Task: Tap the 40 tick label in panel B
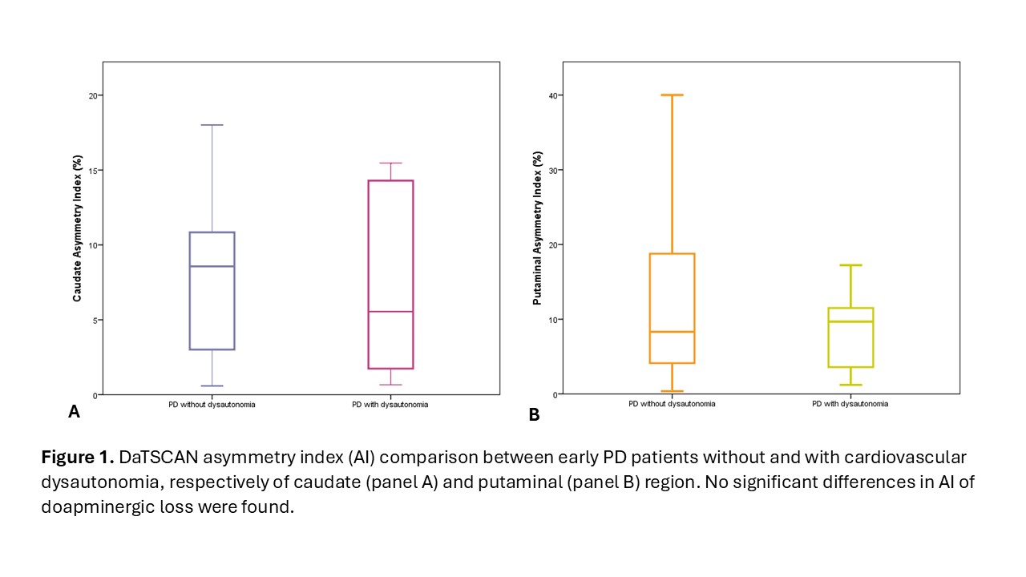pyautogui.click(x=553, y=95)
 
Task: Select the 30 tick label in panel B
pyautogui.click(x=553, y=170)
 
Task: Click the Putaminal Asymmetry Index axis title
pyautogui.click(x=538, y=228)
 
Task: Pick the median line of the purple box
pyautogui.click(x=212, y=266)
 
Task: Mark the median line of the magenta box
pyautogui.click(x=390, y=311)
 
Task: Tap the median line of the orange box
pyautogui.click(x=672, y=331)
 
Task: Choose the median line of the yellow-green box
pyautogui.click(x=850, y=321)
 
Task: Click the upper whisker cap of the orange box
pyautogui.click(x=672, y=95)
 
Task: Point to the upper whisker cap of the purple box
pyautogui.click(x=212, y=125)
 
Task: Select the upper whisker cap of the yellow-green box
pyautogui.click(x=850, y=265)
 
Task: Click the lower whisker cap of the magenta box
pyautogui.click(x=390, y=385)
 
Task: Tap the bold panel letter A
pyautogui.click(x=74, y=412)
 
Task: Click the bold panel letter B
pyautogui.click(x=534, y=414)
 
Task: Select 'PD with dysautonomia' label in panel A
pyautogui.click(x=390, y=405)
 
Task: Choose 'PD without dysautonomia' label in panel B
pyautogui.click(x=672, y=404)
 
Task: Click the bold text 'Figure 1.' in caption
pyautogui.click(x=77, y=458)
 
